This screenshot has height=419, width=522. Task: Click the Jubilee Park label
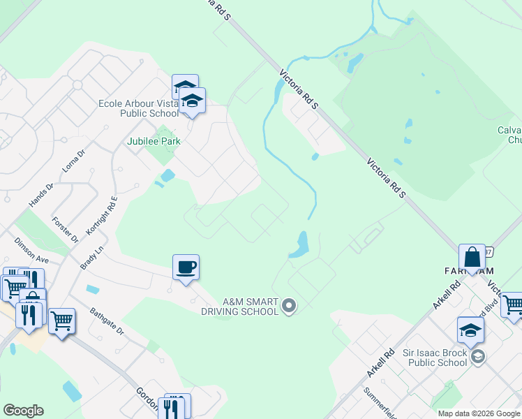(154, 141)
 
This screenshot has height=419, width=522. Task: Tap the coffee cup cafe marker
(186, 267)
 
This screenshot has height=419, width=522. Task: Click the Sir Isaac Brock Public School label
(435, 358)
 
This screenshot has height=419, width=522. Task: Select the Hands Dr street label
(41, 196)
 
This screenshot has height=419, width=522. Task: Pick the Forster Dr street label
(66, 230)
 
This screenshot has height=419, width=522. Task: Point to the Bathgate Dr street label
(107, 321)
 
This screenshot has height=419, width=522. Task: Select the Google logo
(23, 411)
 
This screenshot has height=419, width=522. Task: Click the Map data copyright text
(479, 413)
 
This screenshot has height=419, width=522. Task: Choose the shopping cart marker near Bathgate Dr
(61, 321)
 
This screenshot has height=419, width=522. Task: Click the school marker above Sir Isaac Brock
(471, 330)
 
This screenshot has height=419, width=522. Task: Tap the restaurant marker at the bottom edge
(173, 406)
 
